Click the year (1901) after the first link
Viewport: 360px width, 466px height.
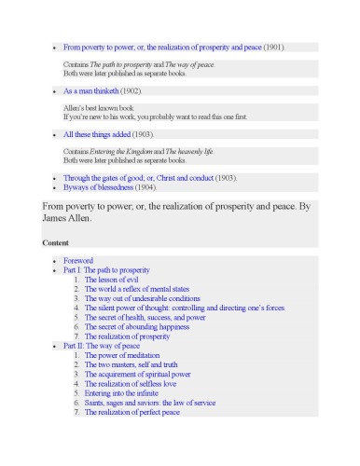[x=274, y=47]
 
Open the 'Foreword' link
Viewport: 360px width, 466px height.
[x=78, y=261]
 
